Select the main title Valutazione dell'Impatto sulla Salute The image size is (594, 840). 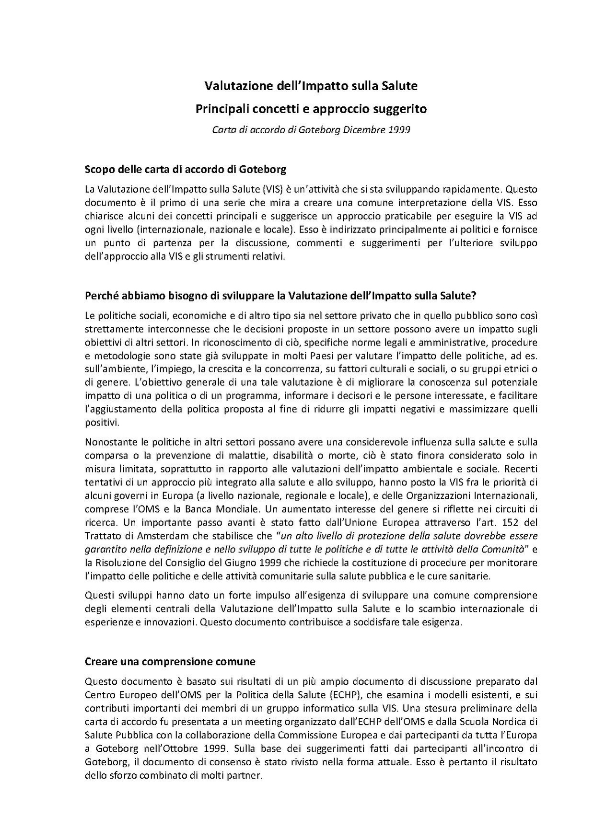311,86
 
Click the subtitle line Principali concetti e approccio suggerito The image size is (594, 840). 311,109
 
